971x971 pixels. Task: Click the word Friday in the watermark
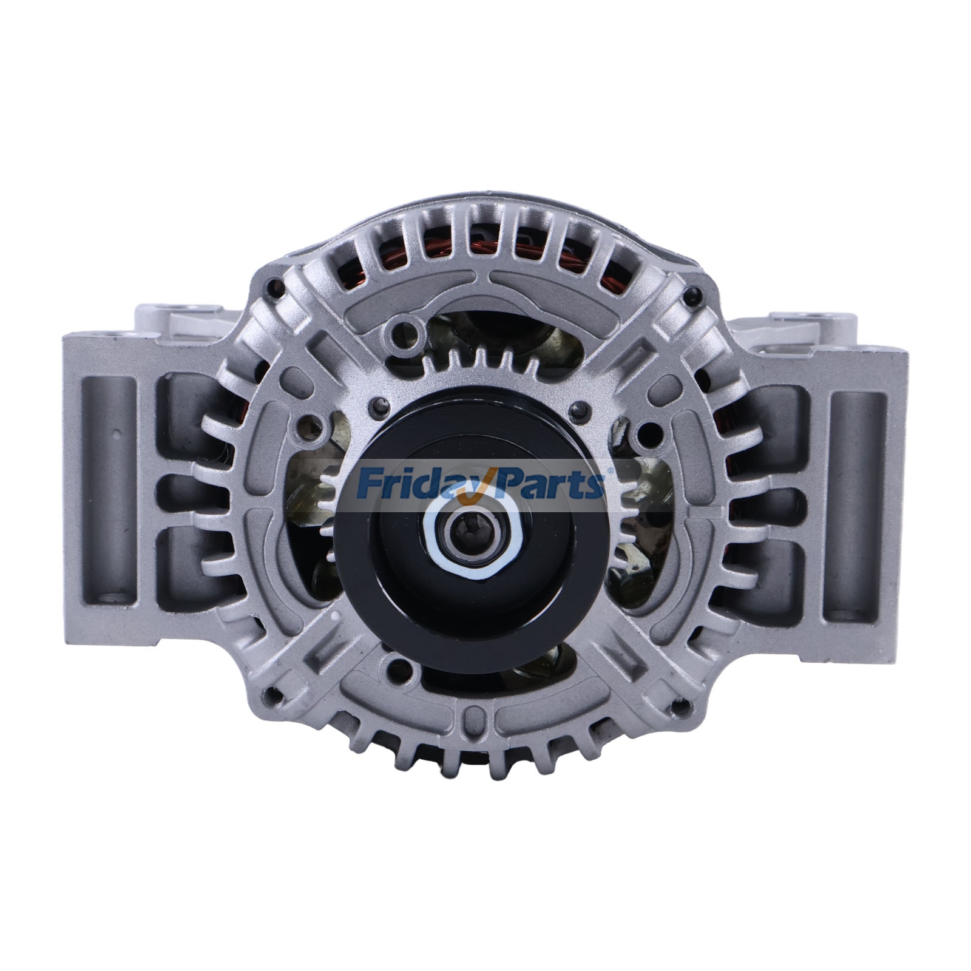[x=401, y=482]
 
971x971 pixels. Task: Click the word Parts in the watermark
[x=546, y=482]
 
